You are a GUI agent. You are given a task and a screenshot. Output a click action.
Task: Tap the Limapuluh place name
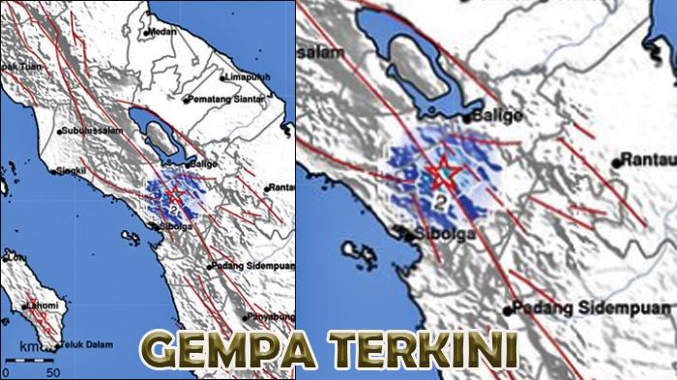point(244,77)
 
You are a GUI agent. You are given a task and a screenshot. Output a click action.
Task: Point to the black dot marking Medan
point(145,33)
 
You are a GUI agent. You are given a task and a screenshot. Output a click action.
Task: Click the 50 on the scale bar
point(53,372)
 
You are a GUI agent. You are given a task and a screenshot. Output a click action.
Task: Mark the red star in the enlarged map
point(443,174)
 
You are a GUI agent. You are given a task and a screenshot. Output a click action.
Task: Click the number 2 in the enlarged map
point(441,203)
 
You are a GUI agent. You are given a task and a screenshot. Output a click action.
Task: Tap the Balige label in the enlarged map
point(501,116)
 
